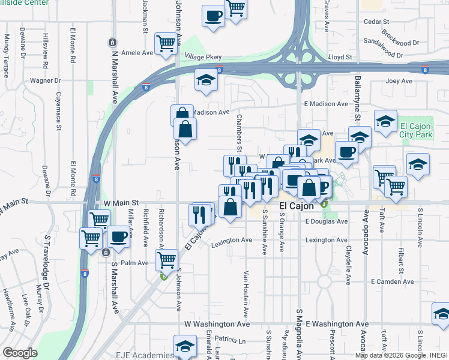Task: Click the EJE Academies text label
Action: (x=141, y=354)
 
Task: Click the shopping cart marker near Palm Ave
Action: (x=166, y=259)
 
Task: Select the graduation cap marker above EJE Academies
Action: (x=185, y=345)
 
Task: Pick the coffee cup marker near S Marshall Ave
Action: (x=119, y=235)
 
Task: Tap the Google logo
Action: (x=20, y=353)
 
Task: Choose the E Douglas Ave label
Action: (x=327, y=221)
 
